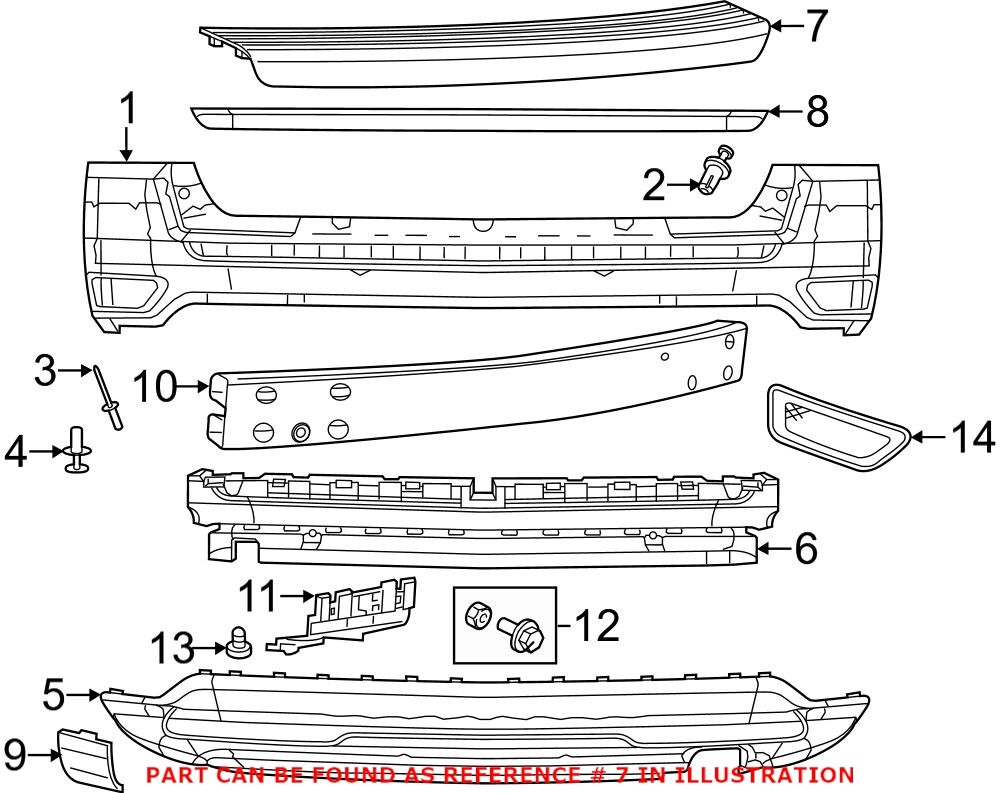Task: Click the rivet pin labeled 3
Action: (109, 398)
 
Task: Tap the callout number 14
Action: (970, 437)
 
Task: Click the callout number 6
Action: (806, 547)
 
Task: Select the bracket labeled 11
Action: (350, 615)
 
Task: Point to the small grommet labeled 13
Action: (239, 642)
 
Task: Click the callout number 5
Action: (56, 691)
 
